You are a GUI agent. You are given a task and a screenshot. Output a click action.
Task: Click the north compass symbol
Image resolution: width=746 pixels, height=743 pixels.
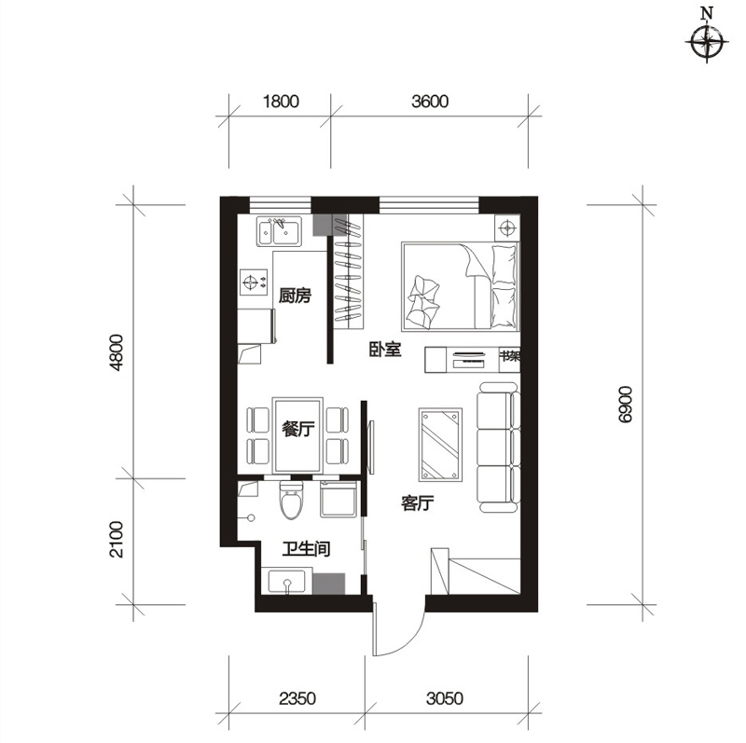coord(707,42)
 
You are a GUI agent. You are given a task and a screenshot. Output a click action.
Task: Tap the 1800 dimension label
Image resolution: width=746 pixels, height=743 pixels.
coord(281,102)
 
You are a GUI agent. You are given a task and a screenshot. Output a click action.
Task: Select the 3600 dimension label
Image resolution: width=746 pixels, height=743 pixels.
coord(430,102)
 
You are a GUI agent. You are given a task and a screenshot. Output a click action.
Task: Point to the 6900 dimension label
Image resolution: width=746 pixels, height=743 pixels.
coord(625,405)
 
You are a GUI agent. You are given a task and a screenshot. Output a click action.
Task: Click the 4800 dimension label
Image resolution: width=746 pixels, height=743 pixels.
coord(116,352)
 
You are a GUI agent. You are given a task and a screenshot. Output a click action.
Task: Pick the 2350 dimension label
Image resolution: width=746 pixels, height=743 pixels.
coord(297,698)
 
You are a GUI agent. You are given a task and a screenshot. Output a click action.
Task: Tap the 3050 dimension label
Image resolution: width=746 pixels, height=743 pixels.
coord(445,698)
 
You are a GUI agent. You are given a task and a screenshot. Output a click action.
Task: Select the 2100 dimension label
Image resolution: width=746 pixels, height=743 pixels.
coord(116,540)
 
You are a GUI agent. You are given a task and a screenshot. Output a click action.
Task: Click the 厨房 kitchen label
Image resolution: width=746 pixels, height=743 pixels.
coord(295,296)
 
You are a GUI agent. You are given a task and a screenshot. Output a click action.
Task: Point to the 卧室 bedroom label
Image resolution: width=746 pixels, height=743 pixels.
coord(385,350)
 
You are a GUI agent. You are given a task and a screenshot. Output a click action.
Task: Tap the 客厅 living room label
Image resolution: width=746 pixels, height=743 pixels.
coord(417,502)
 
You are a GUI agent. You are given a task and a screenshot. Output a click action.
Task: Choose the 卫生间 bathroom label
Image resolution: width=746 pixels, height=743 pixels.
coord(306,549)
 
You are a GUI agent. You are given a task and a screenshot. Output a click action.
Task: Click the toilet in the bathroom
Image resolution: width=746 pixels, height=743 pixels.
coord(291,500)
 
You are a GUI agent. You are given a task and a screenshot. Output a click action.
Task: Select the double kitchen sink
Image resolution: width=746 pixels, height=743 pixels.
coord(279,231)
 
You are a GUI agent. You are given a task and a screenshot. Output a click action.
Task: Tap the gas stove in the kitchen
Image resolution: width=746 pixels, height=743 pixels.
coord(253,283)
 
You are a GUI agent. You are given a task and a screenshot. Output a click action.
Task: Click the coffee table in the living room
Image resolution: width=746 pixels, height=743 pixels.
coord(440,445)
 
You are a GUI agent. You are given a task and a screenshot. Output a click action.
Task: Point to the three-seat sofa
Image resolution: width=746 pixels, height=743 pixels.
coord(498,447)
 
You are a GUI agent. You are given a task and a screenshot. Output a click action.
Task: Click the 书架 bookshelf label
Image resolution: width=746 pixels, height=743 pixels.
coord(509,356)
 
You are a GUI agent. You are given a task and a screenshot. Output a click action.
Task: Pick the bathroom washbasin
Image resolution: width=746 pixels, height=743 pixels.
coord(286,582)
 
